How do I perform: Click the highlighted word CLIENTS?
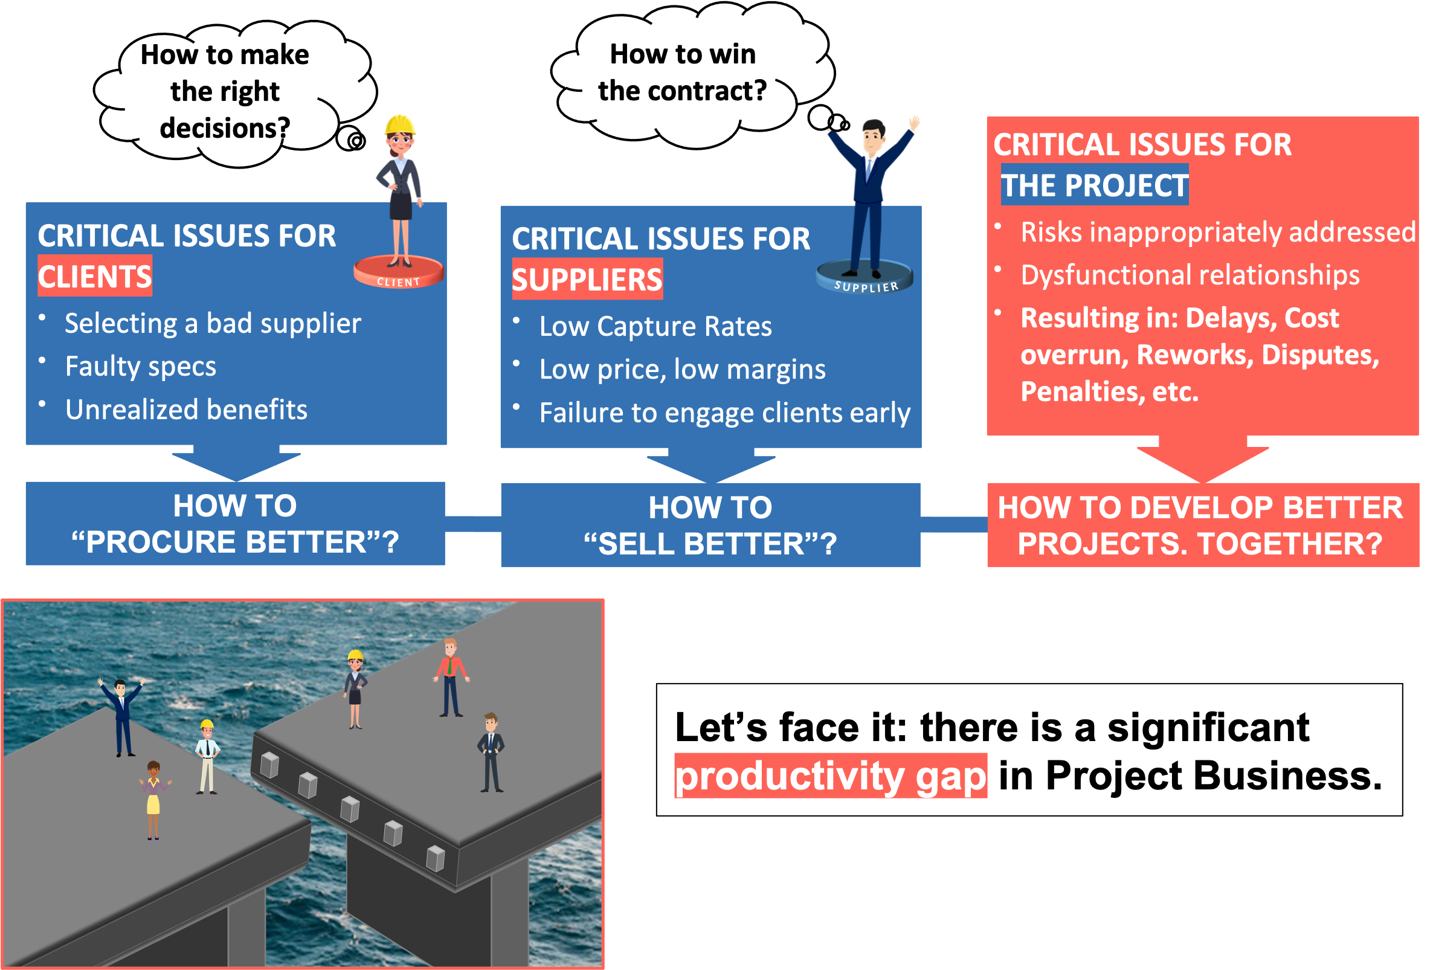tap(94, 276)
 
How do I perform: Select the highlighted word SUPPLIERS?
tap(587, 280)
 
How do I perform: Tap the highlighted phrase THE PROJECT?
tap(1093, 185)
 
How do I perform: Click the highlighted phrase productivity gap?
tap(830, 776)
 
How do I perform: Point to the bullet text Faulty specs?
tap(141, 367)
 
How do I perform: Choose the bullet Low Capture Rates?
tap(655, 327)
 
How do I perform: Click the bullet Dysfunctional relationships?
tap(1190, 275)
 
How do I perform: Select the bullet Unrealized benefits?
tap(186, 410)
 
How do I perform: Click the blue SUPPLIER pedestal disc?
tap(864, 277)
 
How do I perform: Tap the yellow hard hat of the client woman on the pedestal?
tap(400, 125)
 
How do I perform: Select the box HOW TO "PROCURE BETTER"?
tap(235, 523)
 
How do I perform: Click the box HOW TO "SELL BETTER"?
tap(710, 525)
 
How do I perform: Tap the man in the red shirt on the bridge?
tap(451, 676)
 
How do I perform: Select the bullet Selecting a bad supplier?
tap(213, 323)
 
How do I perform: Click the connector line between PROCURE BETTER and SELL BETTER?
tap(472, 524)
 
